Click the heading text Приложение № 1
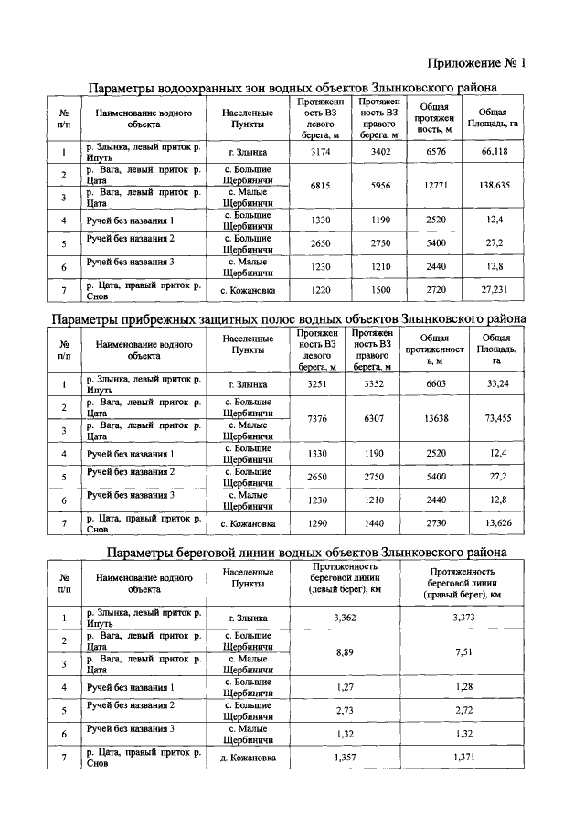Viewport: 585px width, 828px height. click(x=478, y=63)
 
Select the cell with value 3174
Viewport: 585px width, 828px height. click(x=320, y=152)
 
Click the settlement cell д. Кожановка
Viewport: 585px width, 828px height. click(x=248, y=758)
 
